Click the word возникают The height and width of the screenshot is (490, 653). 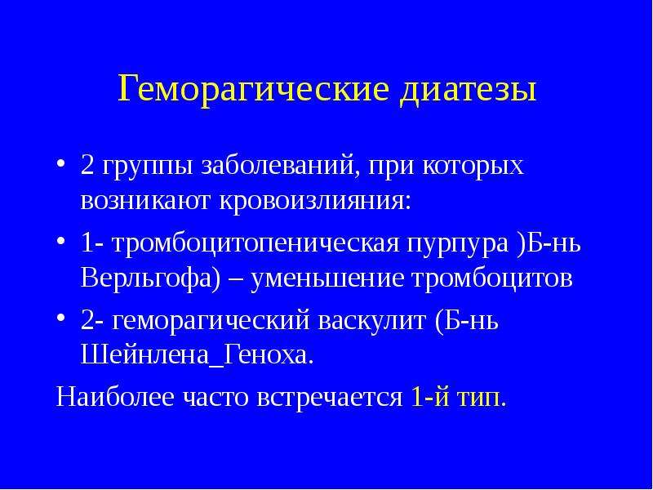tap(146, 202)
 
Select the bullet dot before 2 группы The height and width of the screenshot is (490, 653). tap(60, 163)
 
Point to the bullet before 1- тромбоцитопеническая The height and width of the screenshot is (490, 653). tap(60, 241)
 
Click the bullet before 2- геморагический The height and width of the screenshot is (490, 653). tap(60, 318)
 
